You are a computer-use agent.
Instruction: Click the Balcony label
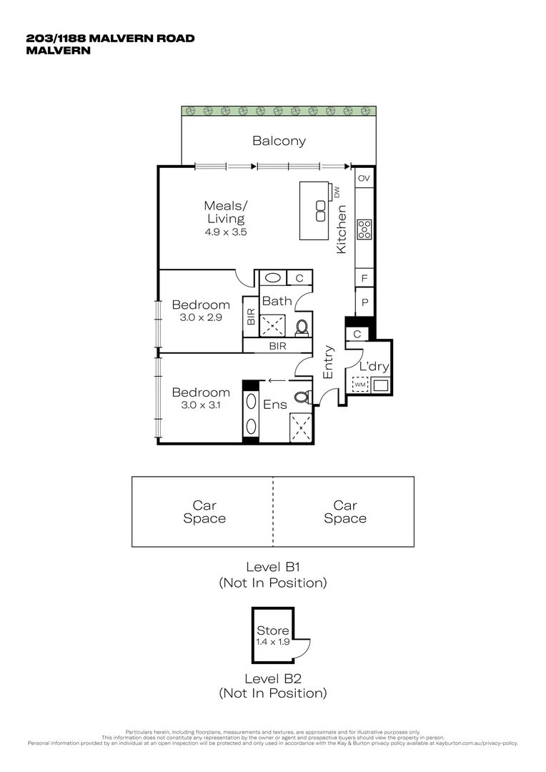click(x=279, y=141)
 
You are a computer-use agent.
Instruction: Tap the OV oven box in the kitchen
click(x=364, y=178)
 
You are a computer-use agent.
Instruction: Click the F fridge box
click(x=364, y=278)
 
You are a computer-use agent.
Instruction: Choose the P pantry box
click(x=364, y=303)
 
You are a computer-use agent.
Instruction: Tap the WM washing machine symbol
click(x=359, y=386)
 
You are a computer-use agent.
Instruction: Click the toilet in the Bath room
click(x=302, y=327)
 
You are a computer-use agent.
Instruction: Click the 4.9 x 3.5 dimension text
click(x=225, y=232)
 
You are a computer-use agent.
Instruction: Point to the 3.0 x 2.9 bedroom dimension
click(x=201, y=317)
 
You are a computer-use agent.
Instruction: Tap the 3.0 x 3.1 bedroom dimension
click(x=201, y=405)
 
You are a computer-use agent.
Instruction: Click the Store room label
click(x=273, y=630)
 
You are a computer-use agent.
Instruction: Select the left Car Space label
click(x=204, y=513)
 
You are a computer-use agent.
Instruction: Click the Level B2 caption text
click(x=272, y=678)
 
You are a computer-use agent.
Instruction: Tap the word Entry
click(x=329, y=362)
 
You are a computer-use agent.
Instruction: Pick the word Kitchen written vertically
click(x=342, y=229)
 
